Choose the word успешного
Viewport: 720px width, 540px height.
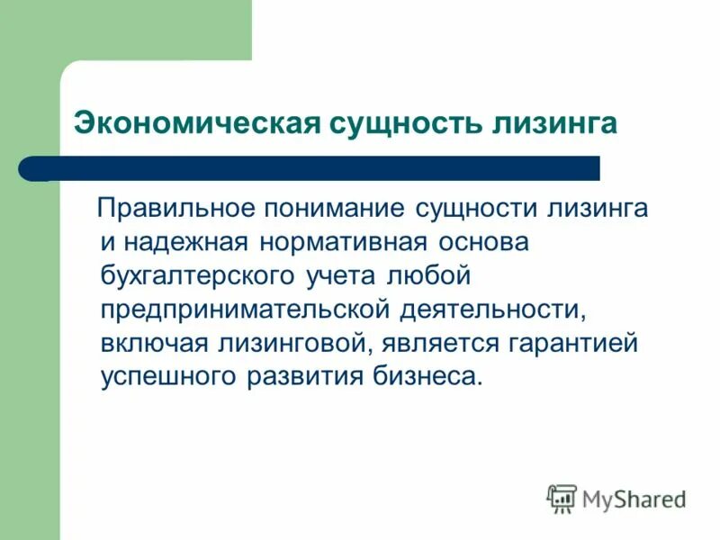(167, 375)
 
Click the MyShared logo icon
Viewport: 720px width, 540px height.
(562, 497)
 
